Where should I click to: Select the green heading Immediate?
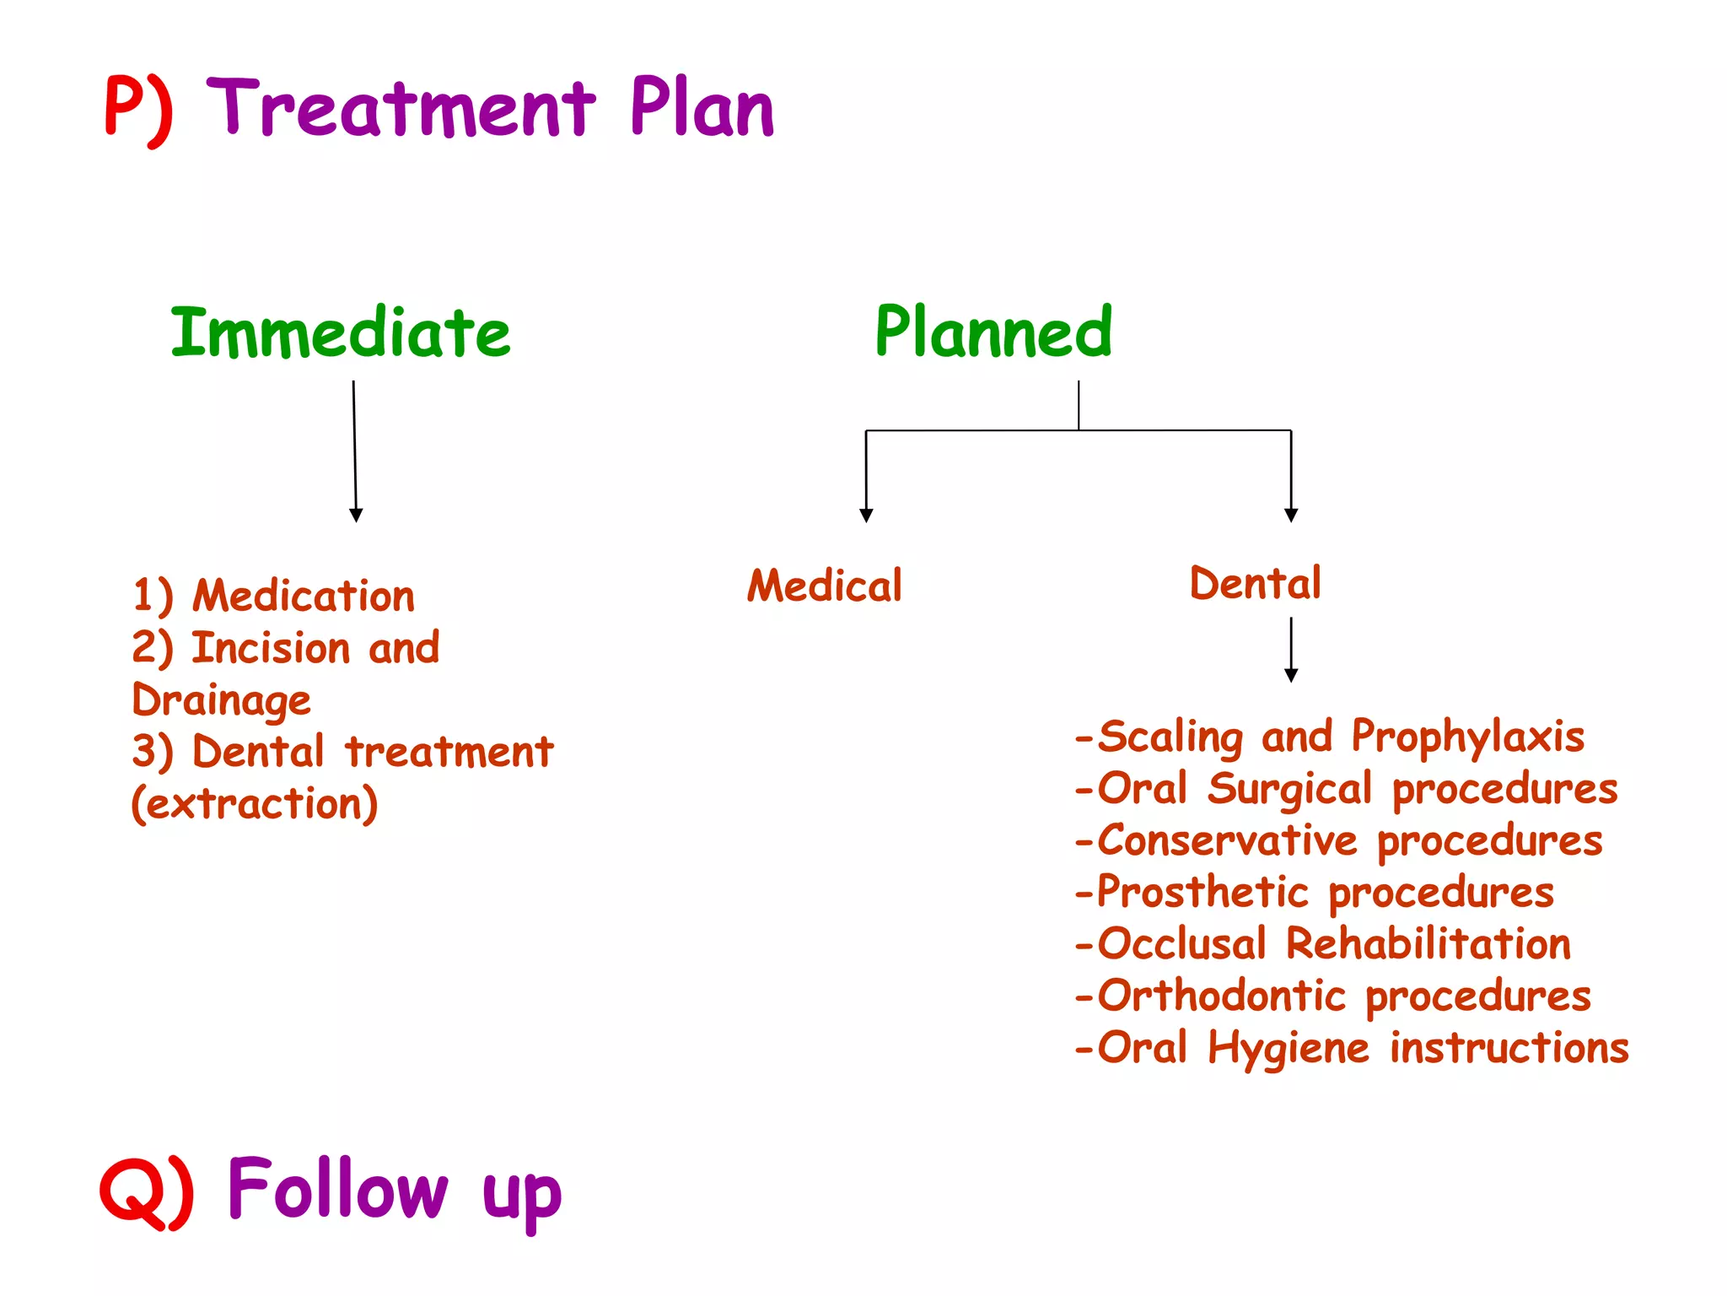(341, 332)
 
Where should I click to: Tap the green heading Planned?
(993, 332)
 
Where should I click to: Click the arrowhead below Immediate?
(356, 515)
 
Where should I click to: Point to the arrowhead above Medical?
(866, 515)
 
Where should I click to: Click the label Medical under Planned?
(825, 586)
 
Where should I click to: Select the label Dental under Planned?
(1256, 584)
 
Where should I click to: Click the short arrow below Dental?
(1291, 651)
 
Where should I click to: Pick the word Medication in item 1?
(304, 597)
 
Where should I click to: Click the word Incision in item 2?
(271, 648)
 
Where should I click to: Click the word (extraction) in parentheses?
(255, 804)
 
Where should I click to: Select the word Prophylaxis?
(1468, 737)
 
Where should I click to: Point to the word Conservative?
(1228, 841)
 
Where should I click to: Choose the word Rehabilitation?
(1428, 944)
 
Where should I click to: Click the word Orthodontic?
(1222, 996)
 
